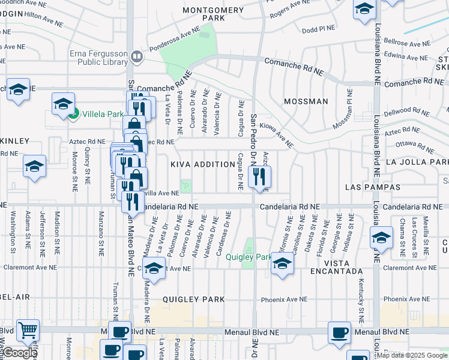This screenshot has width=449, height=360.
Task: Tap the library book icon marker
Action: pos(137,57)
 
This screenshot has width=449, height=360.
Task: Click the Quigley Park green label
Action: pos(249,257)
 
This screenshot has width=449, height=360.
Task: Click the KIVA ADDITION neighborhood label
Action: pos(202,164)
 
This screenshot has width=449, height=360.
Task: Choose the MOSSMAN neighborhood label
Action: pos(306,101)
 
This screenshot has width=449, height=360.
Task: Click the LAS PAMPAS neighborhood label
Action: pos(372,188)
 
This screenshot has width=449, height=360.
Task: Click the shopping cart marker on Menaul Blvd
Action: pos(28,331)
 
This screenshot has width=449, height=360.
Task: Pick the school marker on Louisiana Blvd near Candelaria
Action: pos(381,238)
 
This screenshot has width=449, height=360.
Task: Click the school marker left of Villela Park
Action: pos(63,104)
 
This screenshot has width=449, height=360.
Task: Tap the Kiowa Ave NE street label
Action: pos(277,136)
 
